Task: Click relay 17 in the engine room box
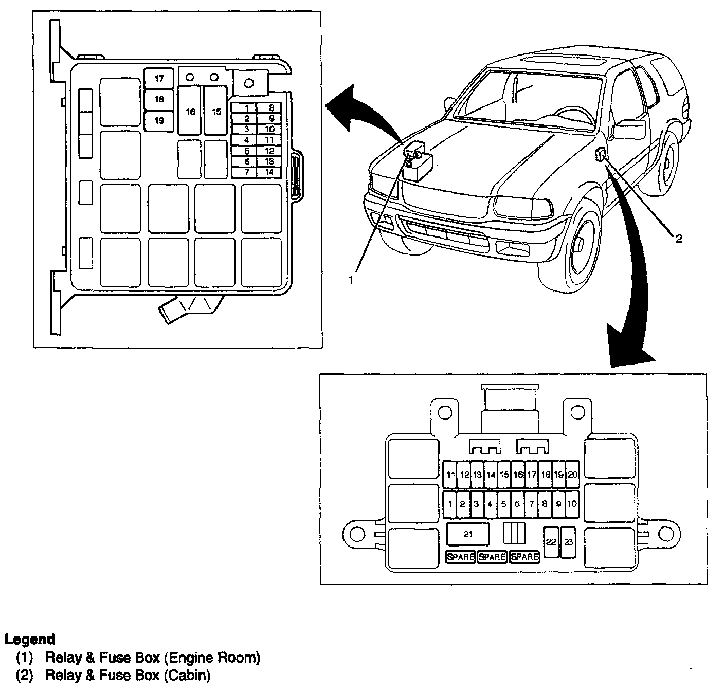pyautogui.click(x=159, y=79)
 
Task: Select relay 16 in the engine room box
pyautogui.click(x=190, y=111)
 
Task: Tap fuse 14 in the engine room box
pyautogui.click(x=269, y=172)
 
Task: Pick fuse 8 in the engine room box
pyautogui.click(x=271, y=108)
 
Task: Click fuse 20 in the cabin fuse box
pyautogui.click(x=572, y=475)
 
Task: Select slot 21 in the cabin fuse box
pyautogui.click(x=467, y=534)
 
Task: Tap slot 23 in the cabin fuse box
pyautogui.click(x=568, y=542)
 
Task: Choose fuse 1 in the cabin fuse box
pyautogui.click(x=450, y=504)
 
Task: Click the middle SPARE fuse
pyautogui.click(x=492, y=557)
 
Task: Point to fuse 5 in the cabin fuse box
pyautogui.click(x=504, y=504)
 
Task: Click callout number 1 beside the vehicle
pyautogui.click(x=351, y=280)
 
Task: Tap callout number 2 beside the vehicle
pyautogui.click(x=678, y=239)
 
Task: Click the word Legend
pyautogui.click(x=30, y=640)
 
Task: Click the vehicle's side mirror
pyautogui.click(x=629, y=130)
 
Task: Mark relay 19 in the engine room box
pyautogui.click(x=159, y=121)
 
